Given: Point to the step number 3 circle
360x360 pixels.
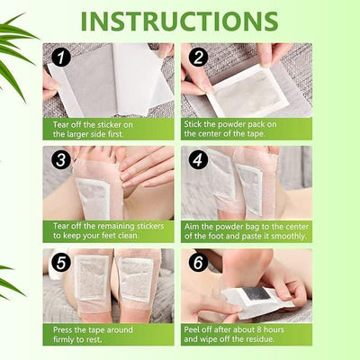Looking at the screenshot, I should [59, 161].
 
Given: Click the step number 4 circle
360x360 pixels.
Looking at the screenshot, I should [198, 161].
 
